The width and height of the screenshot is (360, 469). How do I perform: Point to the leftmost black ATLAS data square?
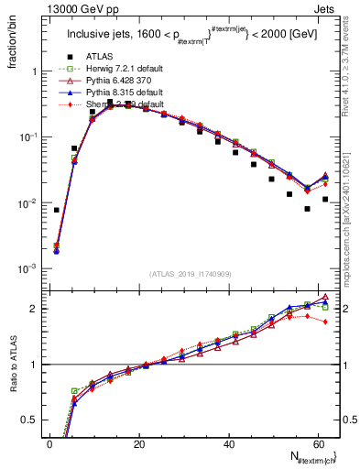pyautogui.click(x=56, y=210)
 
